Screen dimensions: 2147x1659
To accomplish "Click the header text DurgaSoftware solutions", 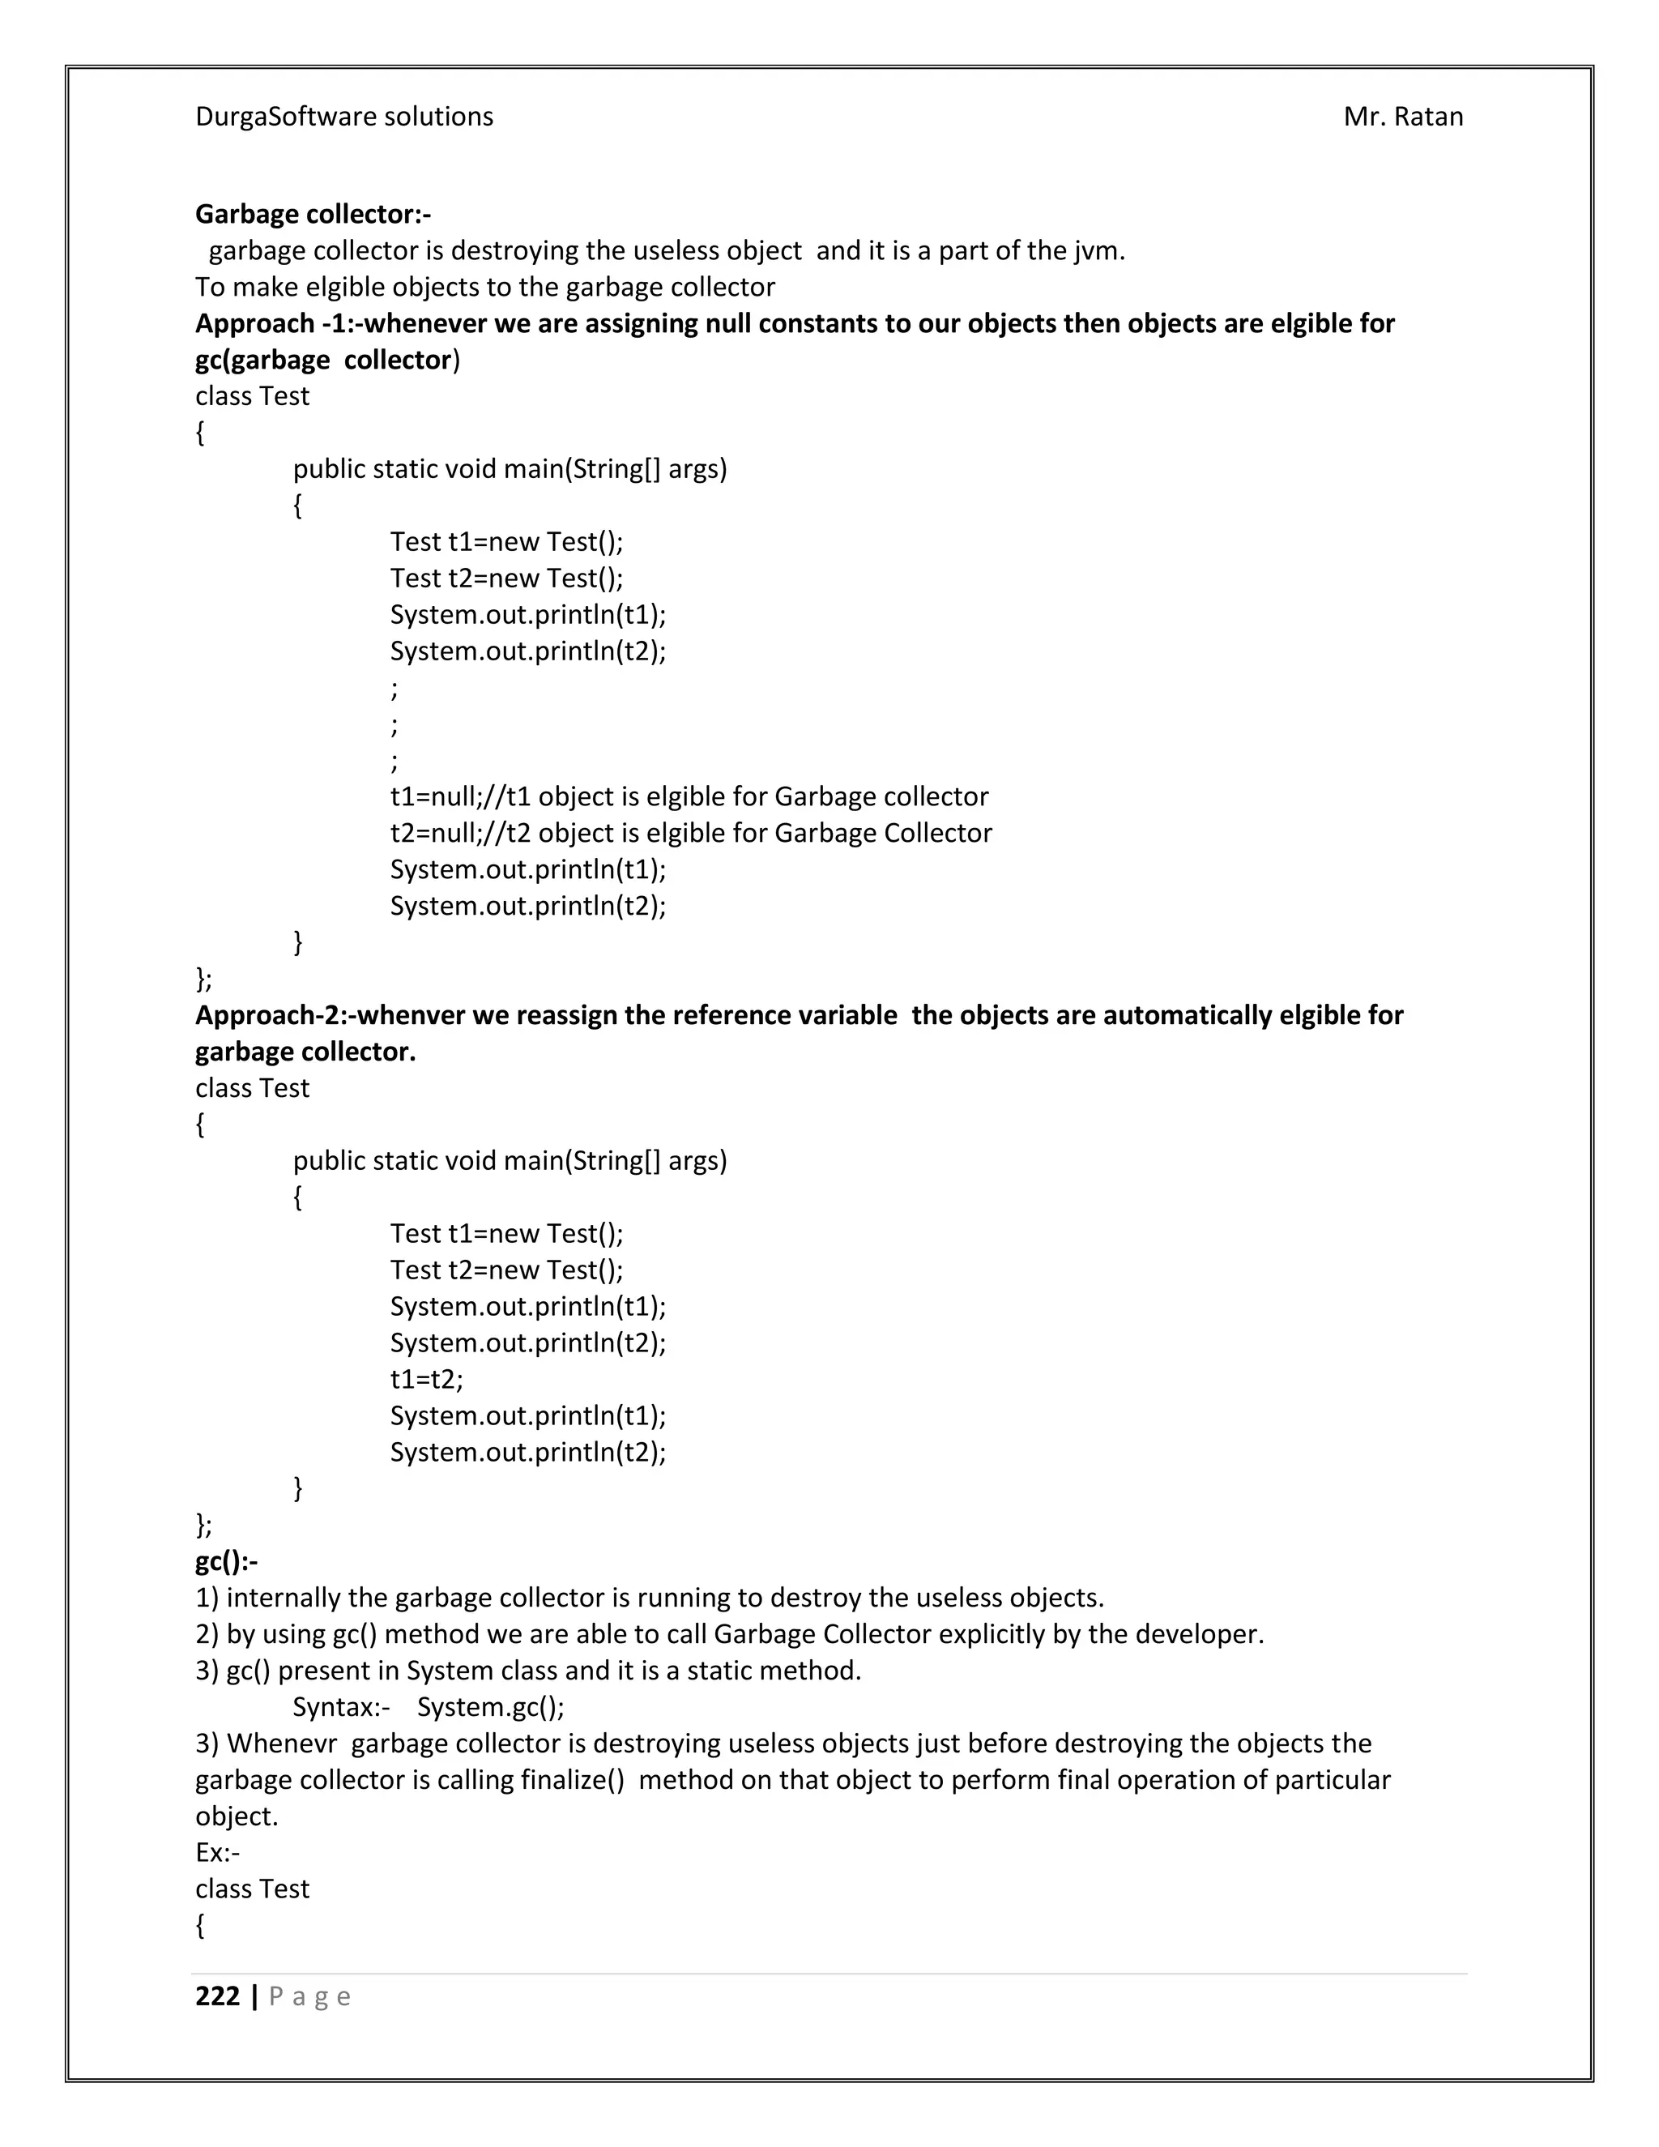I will pos(344,117).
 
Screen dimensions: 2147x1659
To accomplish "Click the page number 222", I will pos(217,1995).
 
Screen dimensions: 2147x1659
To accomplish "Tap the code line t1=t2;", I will pos(425,1379).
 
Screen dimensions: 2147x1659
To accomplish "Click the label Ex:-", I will pos(217,1852).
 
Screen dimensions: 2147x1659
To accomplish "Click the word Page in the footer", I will pos(309,1996).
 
